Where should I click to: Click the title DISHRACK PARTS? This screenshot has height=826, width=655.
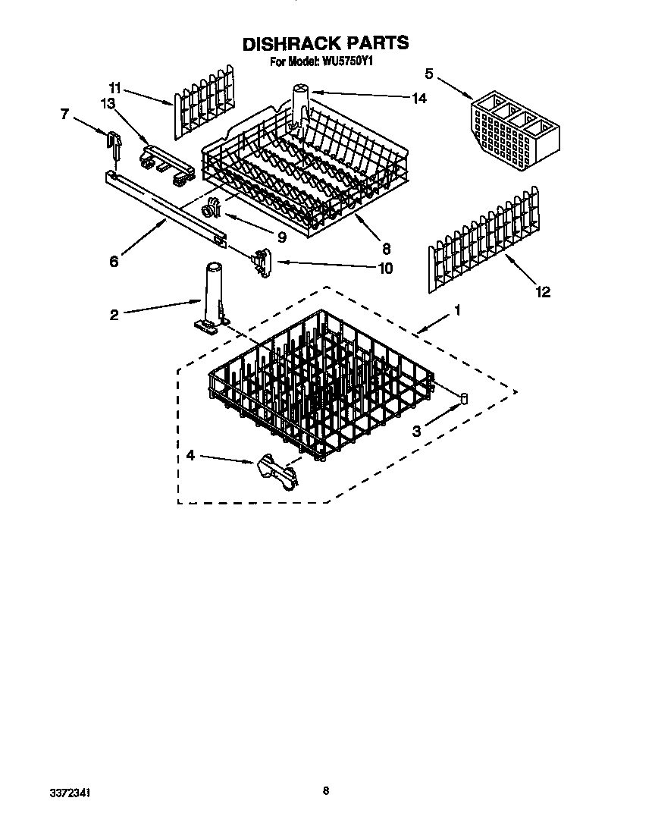point(325,44)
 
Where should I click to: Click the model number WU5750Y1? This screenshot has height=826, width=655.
point(346,63)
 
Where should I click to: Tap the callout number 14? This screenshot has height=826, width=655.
point(418,98)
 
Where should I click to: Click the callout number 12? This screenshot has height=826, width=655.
point(542,292)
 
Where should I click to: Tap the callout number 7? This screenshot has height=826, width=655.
point(64,115)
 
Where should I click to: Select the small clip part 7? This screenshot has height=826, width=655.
point(114,144)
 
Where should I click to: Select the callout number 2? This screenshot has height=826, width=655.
point(113,315)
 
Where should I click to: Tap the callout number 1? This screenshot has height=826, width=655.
point(456,310)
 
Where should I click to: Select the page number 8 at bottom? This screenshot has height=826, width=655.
point(325,790)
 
